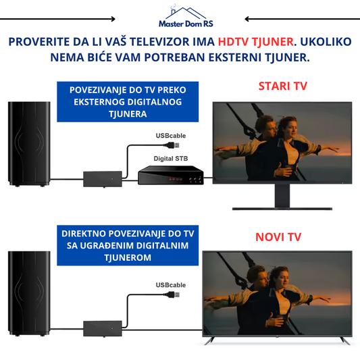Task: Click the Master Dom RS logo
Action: tap(186, 16)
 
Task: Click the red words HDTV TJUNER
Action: tap(256, 42)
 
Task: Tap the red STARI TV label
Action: tap(282, 86)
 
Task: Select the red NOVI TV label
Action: tap(278, 237)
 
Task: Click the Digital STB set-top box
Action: tap(171, 175)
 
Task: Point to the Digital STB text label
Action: tap(171, 159)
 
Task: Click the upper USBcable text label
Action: tap(171, 136)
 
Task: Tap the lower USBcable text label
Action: tap(171, 285)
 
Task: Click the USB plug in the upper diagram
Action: tap(172, 145)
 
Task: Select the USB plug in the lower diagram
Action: tap(172, 294)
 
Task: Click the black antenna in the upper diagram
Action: tap(29, 144)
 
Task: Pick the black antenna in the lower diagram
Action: tap(29, 294)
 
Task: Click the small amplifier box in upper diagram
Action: tap(103, 179)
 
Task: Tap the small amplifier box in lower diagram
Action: tap(103, 328)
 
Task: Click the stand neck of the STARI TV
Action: tap(282, 196)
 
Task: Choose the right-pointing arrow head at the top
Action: tap(113, 19)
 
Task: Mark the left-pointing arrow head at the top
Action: tap(247, 19)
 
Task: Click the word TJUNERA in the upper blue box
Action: tap(128, 114)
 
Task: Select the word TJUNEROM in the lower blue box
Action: tap(128, 257)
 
